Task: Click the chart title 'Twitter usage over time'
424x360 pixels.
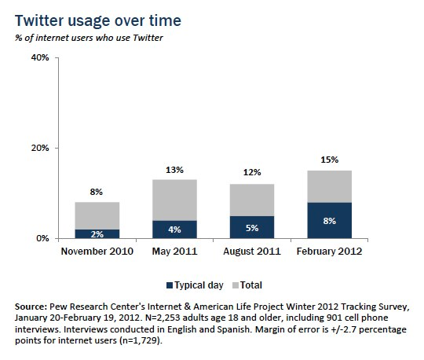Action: [98, 21]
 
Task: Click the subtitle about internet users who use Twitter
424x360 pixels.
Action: [89, 38]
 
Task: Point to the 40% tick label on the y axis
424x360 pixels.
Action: [40, 57]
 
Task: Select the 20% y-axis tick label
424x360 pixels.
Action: [40, 148]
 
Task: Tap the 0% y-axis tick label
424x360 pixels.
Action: [42, 238]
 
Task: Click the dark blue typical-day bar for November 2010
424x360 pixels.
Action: [97, 234]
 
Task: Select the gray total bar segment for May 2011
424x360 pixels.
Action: [174, 200]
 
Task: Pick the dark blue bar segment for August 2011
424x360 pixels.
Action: [252, 227]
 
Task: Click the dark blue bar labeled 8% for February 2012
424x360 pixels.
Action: [330, 220]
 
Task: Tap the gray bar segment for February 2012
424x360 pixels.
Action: [330, 186]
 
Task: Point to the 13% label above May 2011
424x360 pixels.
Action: [174, 170]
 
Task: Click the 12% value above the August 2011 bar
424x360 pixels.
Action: [252, 172]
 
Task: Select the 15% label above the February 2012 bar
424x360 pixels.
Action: [330, 160]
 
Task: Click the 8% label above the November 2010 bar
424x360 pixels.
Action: [97, 192]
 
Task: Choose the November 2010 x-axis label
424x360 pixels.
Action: [97, 252]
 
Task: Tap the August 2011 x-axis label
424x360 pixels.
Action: [252, 252]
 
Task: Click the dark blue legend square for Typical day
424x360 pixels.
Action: [170, 285]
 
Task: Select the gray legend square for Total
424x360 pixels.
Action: [236, 285]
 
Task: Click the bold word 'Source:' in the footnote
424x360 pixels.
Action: [31, 307]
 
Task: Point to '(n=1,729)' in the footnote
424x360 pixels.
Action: [141, 340]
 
